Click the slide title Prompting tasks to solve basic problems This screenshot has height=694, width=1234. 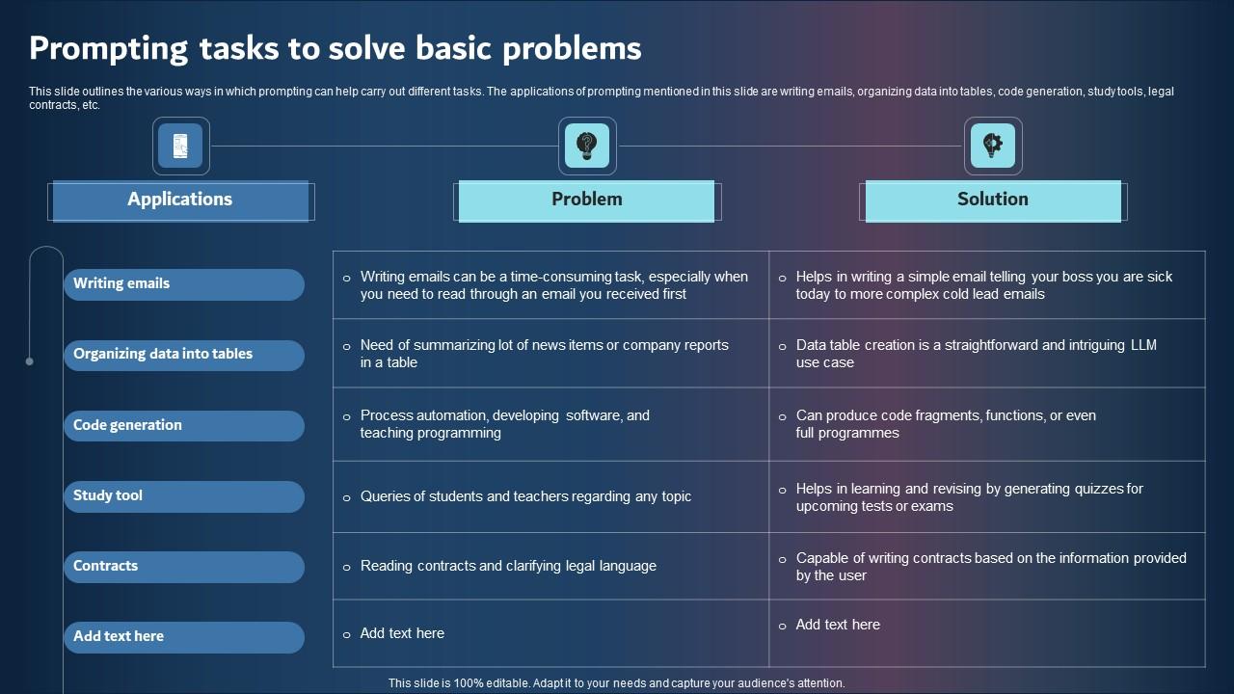click(335, 47)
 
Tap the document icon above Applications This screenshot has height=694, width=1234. click(180, 147)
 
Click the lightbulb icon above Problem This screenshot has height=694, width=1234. click(586, 147)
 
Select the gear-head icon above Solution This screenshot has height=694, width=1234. click(992, 147)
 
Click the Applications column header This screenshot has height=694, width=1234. click(180, 200)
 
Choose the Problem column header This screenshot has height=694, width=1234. click(586, 200)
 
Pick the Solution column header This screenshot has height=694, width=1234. click(992, 200)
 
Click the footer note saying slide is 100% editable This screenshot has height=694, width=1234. click(616, 683)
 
